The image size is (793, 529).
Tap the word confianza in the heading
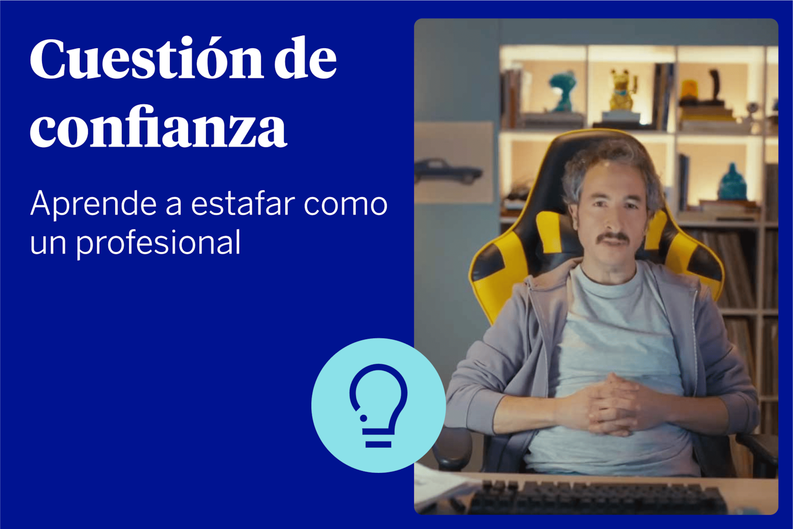pyautogui.click(x=158, y=127)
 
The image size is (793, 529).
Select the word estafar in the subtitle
pyautogui.click(x=243, y=204)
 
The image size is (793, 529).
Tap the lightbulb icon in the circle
pyautogui.click(x=379, y=406)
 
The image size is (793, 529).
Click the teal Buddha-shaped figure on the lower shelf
pyautogui.click(x=733, y=182)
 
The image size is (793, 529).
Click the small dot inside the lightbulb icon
pyautogui.click(x=363, y=418)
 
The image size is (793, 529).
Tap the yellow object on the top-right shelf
pyautogui.click(x=689, y=90)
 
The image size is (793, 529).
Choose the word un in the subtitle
pyautogui.click(x=48, y=244)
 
